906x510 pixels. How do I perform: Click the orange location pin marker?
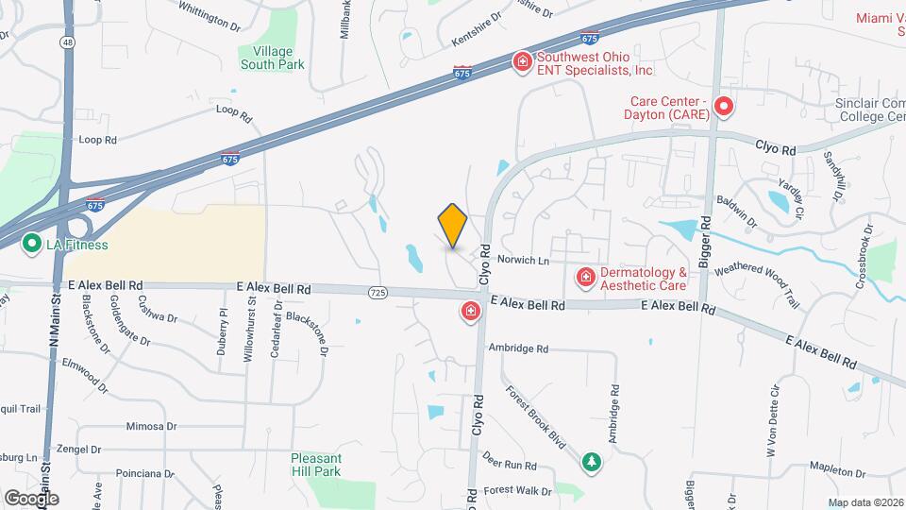(453, 226)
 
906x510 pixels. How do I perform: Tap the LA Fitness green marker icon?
(30, 245)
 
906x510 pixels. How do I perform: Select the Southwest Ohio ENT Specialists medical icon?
(521, 62)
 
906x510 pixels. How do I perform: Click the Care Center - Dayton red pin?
(724, 107)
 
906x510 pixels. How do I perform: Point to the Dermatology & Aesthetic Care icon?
(585, 277)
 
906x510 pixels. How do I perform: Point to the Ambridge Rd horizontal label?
(518, 348)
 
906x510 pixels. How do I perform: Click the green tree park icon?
(591, 462)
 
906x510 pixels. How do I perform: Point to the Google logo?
(31, 498)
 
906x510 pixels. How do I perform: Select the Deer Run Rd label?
(509, 460)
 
